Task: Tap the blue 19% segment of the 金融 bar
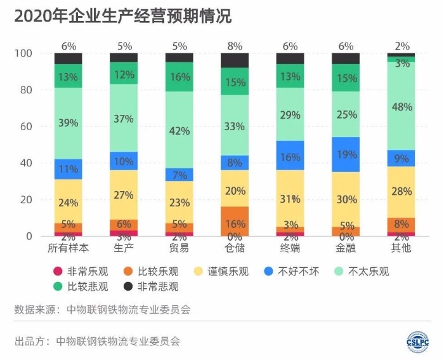coord(346,154)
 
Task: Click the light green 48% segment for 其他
coord(402,106)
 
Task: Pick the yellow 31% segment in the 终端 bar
coord(291,198)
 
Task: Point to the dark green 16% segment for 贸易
coord(180,77)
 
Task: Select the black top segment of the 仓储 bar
coord(235,60)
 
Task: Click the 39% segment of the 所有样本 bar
coord(69,123)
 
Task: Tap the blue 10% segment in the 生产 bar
coord(124,161)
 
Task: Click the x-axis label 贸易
coord(180,247)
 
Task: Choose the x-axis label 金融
coord(346,247)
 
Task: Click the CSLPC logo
coord(418,341)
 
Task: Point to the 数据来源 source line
coord(102,310)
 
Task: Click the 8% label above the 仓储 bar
coord(235,46)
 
